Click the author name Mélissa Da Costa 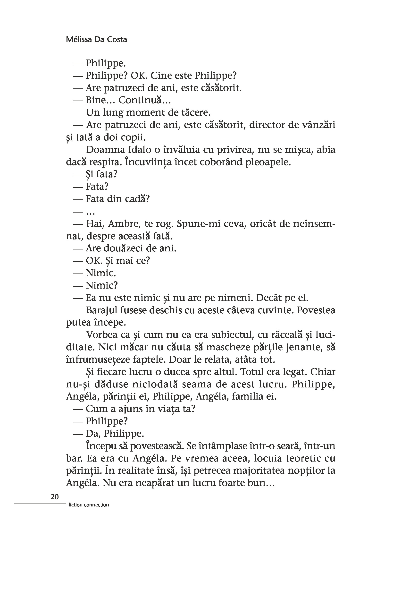click(96, 40)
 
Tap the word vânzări click(317, 125)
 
